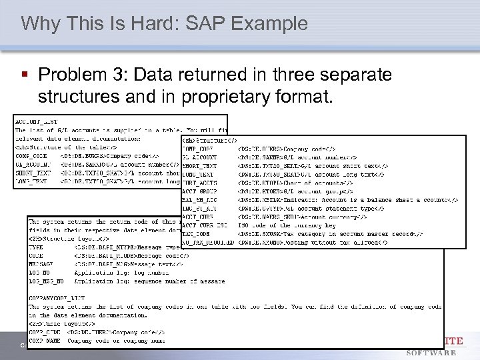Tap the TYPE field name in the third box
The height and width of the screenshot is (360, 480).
click(x=37, y=247)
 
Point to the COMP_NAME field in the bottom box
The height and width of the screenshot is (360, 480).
click(x=43, y=340)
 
